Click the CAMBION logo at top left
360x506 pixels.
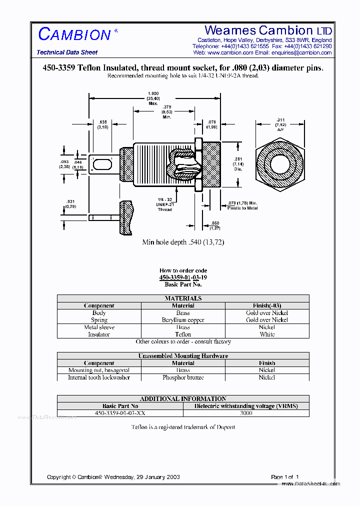pos(74,34)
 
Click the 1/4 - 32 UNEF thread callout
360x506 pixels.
pos(164,204)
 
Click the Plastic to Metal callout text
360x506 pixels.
pos(242,205)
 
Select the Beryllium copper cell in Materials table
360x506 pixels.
pos(183,320)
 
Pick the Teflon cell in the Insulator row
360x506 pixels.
pos(183,334)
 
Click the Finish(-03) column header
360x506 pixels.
pos(267,305)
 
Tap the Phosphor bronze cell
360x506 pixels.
pos(183,377)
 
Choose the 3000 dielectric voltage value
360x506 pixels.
pos(246,413)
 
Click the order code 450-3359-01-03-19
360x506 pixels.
pos(183,277)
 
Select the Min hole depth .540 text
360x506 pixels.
pos(183,242)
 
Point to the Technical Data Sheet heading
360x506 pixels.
pos(67,52)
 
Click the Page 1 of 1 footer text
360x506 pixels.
pos(285,477)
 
